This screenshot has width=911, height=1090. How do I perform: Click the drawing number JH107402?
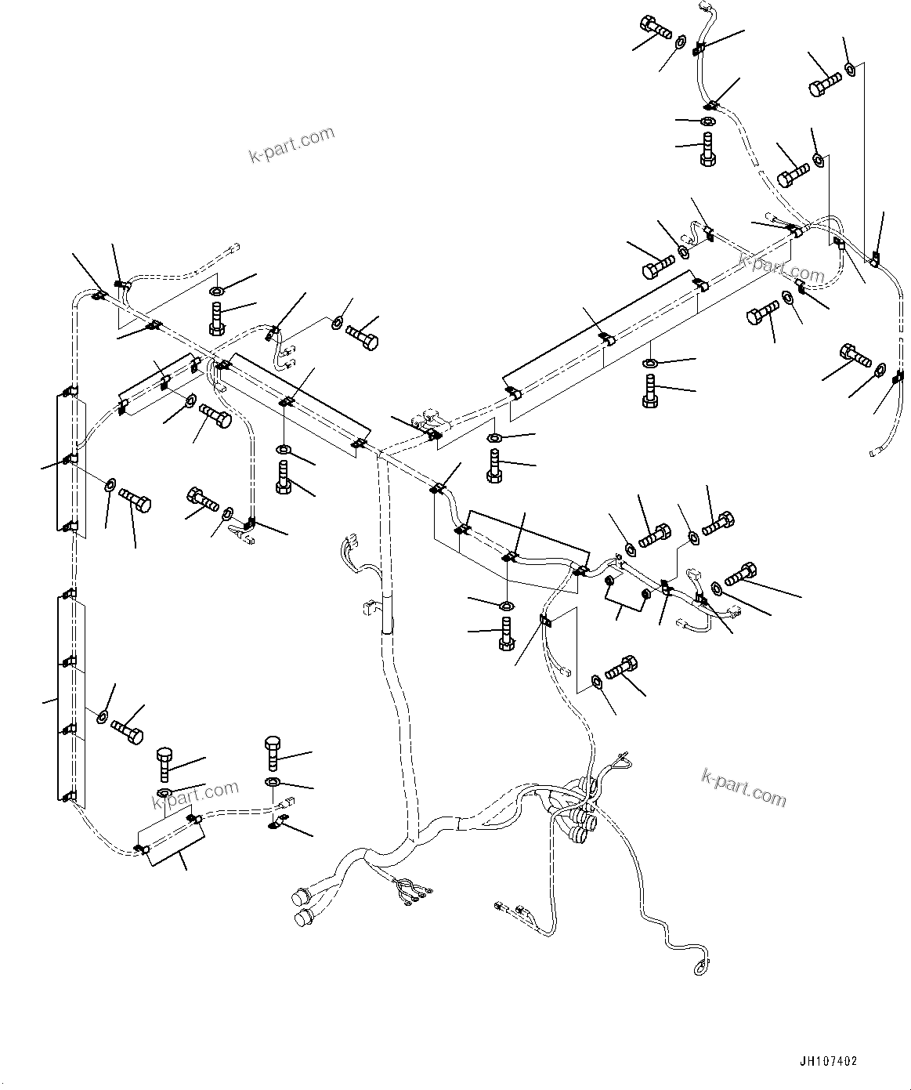pyautogui.click(x=829, y=1061)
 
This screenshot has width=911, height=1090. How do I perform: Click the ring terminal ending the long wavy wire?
pyautogui.click(x=699, y=970)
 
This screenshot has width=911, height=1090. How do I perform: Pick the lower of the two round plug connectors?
pyautogui.click(x=301, y=918)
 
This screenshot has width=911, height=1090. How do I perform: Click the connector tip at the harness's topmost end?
pyautogui.click(x=700, y=6)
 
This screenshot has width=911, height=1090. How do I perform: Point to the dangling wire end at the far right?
pyautogui.click(x=874, y=452)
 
